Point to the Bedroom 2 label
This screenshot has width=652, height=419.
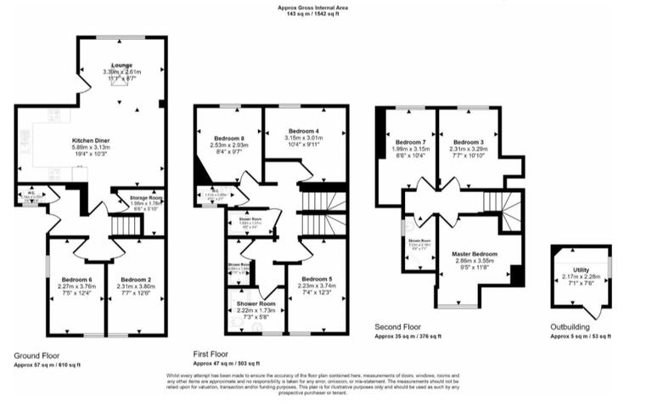click(136, 280)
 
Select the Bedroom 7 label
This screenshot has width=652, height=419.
click(409, 142)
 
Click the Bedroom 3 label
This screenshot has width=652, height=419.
click(468, 142)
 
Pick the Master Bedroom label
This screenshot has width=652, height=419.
click(474, 254)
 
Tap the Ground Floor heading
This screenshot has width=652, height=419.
click(37, 354)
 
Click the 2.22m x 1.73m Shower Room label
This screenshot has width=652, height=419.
click(256, 304)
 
